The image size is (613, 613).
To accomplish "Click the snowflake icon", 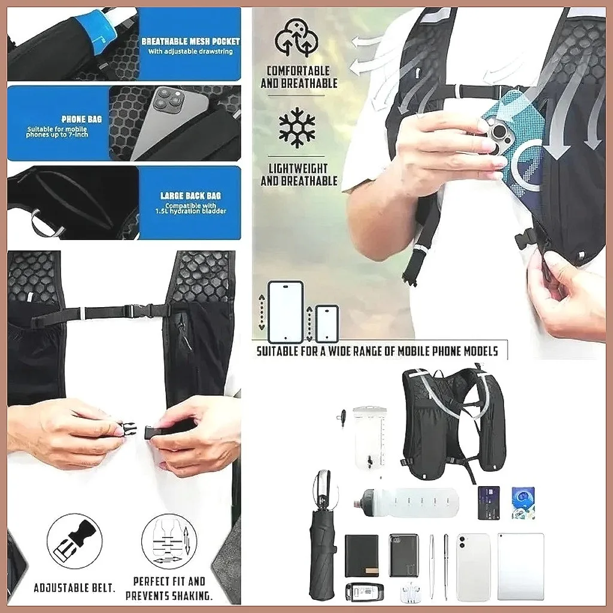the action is (297, 128).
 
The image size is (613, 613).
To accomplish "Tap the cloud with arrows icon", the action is (296, 38).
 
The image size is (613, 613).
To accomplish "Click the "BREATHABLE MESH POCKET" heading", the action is (190, 41).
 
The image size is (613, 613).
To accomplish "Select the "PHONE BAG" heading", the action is (81, 119).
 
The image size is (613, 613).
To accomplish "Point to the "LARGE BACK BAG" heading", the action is (190, 196).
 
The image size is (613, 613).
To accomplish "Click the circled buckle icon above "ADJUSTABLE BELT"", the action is (75, 541).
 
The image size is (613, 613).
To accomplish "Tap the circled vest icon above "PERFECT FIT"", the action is (169, 541).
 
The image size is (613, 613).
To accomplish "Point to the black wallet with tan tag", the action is (362, 556).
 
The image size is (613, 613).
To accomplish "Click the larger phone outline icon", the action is (286, 311).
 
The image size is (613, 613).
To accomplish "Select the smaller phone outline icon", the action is (327, 323).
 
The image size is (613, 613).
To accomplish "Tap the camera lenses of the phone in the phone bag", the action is (169, 100).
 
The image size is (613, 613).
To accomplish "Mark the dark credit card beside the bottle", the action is (488, 503).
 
